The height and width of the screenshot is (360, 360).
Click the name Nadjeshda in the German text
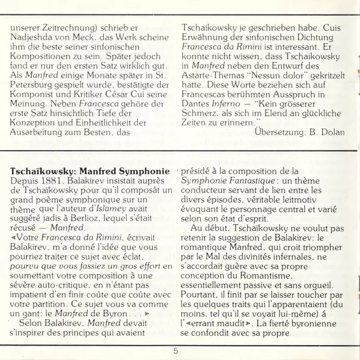pyautogui.click(x=33, y=38)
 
